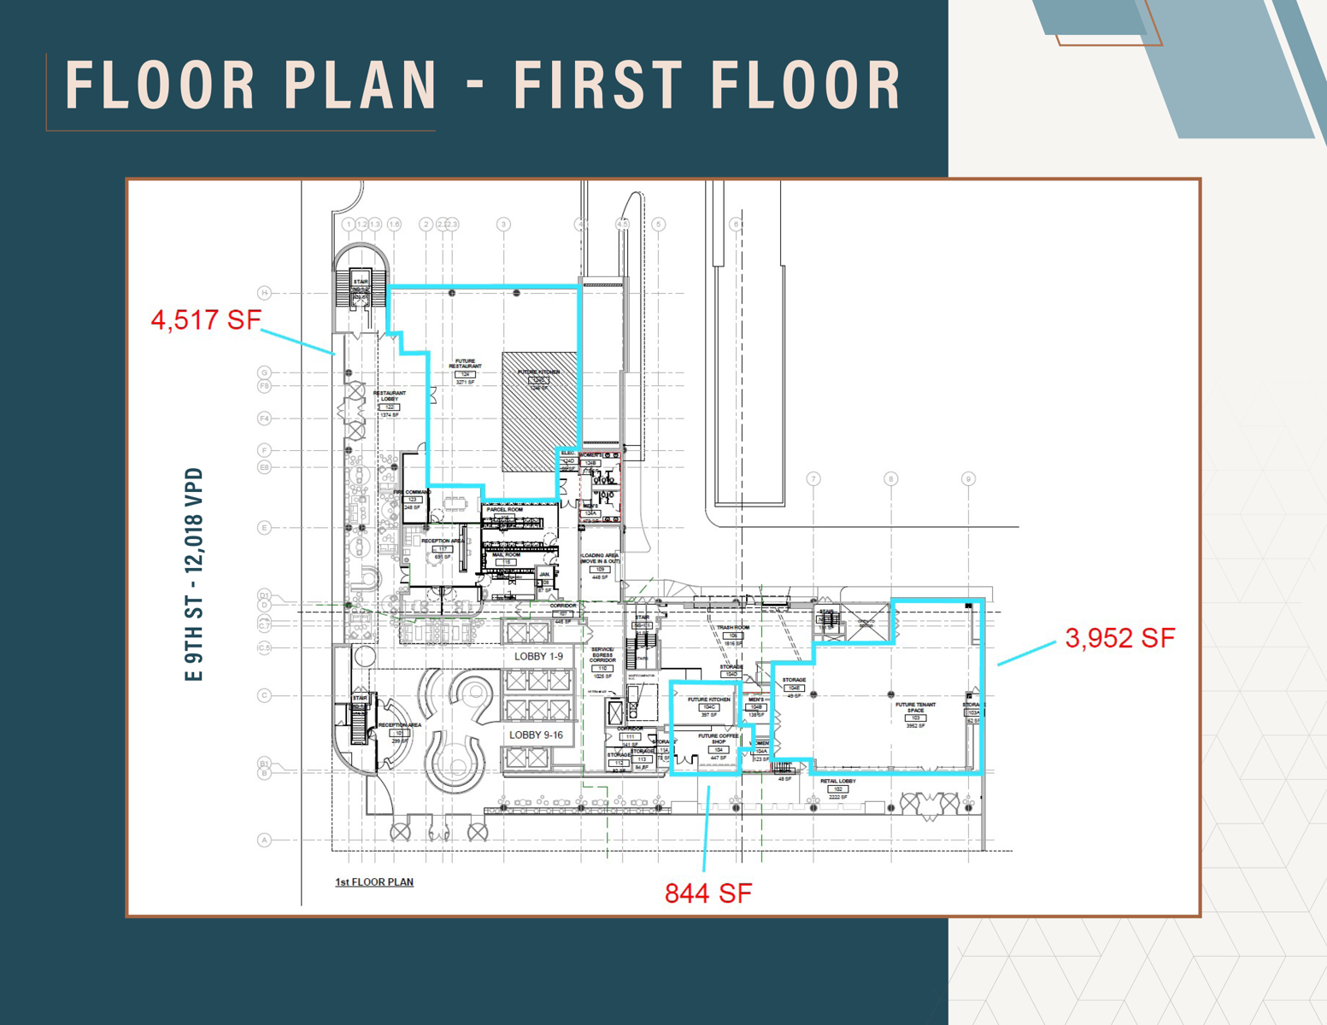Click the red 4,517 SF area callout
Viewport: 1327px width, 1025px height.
tap(205, 320)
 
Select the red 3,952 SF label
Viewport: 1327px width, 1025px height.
tap(1119, 638)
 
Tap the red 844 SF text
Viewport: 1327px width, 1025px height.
tap(708, 893)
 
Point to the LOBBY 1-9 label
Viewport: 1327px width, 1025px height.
tap(538, 656)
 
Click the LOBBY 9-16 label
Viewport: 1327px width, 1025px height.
tap(536, 735)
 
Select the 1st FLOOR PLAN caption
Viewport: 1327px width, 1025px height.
tap(374, 881)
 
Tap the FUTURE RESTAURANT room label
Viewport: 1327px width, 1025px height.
tap(465, 364)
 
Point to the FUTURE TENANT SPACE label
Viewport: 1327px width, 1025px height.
tap(915, 708)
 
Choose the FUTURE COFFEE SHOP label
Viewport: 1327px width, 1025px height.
tap(718, 739)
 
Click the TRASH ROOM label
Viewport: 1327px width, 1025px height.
tap(732, 628)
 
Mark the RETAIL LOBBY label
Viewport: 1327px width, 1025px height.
tap(837, 782)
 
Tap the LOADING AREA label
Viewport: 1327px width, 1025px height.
tap(600, 559)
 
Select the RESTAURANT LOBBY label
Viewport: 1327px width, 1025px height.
tap(390, 396)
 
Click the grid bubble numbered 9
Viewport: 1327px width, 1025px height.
tap(968, 479)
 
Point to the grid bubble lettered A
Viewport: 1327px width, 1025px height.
tap(264, 840)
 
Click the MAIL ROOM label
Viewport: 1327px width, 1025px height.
tap(506, 555)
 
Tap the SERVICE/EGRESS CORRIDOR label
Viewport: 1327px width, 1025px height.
tap(602, 655)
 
